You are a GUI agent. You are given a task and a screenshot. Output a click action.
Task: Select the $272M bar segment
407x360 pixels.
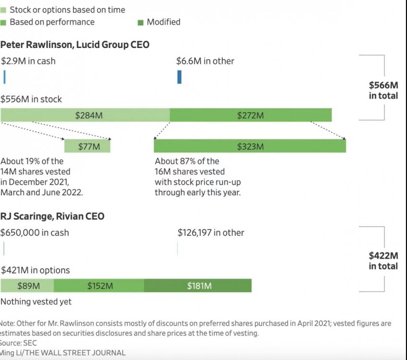coord(251,115)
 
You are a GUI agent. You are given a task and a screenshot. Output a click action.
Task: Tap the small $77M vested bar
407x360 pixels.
coord(87,146)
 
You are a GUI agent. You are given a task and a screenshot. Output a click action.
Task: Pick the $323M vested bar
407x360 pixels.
coord(250,146)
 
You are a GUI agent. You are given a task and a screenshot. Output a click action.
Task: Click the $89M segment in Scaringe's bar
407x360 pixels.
coord(27,286)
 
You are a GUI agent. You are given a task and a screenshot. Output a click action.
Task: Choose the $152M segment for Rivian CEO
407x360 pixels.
coord(99,286)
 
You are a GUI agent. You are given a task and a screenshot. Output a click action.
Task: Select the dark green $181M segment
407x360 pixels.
coord(197,286)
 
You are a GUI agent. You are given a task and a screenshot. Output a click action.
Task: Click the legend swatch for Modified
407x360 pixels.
coord(141,22)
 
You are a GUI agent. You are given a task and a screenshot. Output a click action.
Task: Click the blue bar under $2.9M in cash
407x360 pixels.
coord(4,77)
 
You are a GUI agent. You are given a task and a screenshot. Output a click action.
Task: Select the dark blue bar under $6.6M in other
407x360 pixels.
coord(179,77)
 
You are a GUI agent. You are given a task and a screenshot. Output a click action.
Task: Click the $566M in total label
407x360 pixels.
coord(383,90)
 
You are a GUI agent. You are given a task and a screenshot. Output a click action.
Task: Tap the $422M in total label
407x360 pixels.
coord(383,261)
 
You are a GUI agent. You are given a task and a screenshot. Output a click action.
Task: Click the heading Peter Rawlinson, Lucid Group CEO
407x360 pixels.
coord(75,45)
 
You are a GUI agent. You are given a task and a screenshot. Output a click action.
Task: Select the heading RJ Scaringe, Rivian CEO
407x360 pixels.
coord(52,216)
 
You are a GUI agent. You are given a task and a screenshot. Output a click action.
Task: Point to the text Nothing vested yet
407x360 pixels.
coord(36,301)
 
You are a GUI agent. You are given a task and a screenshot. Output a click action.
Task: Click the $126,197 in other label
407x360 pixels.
coord(211,233)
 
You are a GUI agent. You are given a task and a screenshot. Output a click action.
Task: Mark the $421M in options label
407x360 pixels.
coord(35,270)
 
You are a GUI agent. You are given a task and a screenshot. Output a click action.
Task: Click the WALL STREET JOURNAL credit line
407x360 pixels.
coord(63,353)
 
